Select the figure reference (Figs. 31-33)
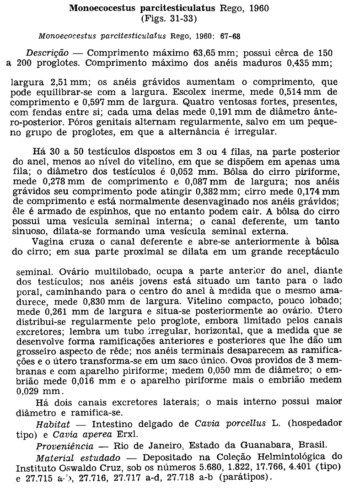click(169, 19)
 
